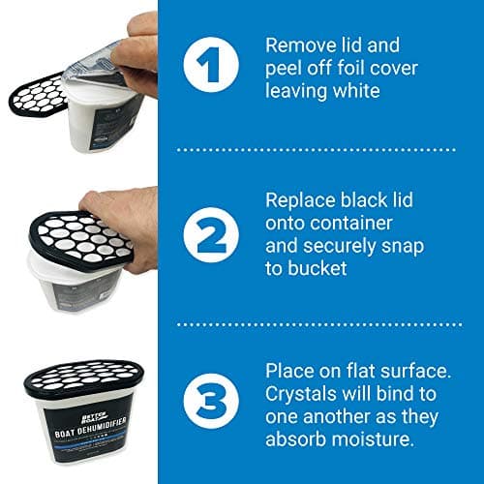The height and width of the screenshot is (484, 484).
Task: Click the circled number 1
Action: [x=211, y=65]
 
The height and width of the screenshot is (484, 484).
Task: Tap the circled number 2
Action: [x=211, y=234]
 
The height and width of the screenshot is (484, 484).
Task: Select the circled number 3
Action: [x=211, y=401]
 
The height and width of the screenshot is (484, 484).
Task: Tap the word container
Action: [x=351, y=224]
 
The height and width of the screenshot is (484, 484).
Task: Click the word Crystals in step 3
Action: [x=301, y=394]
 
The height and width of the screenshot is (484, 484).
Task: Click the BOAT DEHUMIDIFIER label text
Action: [x=90, y=428]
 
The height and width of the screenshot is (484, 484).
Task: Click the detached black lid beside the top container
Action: [x=38, y=95]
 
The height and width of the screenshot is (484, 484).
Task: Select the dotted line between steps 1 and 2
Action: [x=317, y=150]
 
